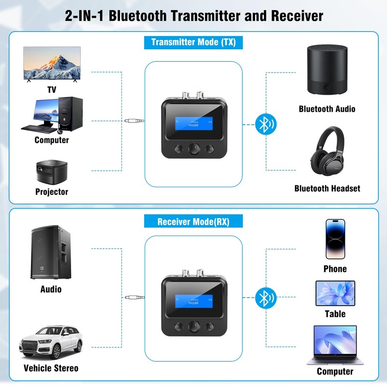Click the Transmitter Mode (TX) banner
(x=193, y=42)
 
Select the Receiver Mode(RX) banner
(x=193, y=222)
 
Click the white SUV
(x=51, y=341)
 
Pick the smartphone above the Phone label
(x=335, y=239)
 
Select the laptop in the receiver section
(x=335, y=344)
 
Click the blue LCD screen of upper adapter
(x=193, y=123)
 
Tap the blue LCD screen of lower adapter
(x=193, y=298)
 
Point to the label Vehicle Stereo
(x=51, y=368)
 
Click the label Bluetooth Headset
(x=327, y=188)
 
